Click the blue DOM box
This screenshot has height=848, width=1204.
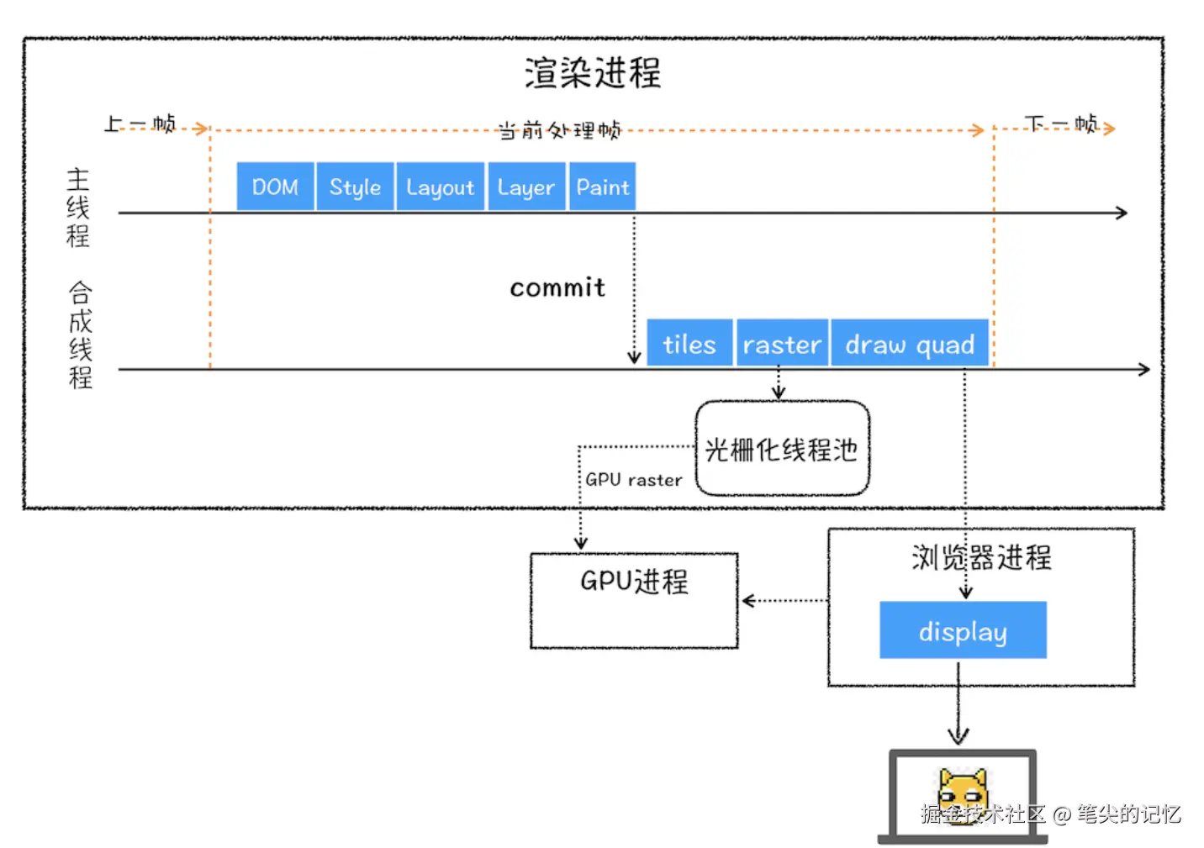coord(275,186)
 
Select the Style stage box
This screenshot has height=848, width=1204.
coord(355,186)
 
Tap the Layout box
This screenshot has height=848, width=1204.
coord(441,186)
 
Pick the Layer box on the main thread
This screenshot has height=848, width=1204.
coord(526,186)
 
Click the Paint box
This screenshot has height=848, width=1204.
coord(603,186)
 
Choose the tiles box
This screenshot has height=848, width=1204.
coord(689,343)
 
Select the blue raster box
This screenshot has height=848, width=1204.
coord(782,343)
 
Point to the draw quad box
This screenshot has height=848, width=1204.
coord(910,343)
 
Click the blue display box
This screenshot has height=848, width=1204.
coord(964,629)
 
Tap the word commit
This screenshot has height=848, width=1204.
coord(557,287)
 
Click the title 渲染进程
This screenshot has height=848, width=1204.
coord(593,72)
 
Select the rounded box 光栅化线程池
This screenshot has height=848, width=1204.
coord(783,448)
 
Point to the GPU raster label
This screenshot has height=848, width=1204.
coord(634,479)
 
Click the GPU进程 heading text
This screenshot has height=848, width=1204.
coord(634,581)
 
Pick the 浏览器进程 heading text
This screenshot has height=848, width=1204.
coord(981,556)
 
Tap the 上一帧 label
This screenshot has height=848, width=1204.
coord(140,124)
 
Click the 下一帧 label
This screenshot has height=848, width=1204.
coord(1061,124)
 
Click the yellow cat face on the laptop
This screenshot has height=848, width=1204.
coord(962,796)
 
